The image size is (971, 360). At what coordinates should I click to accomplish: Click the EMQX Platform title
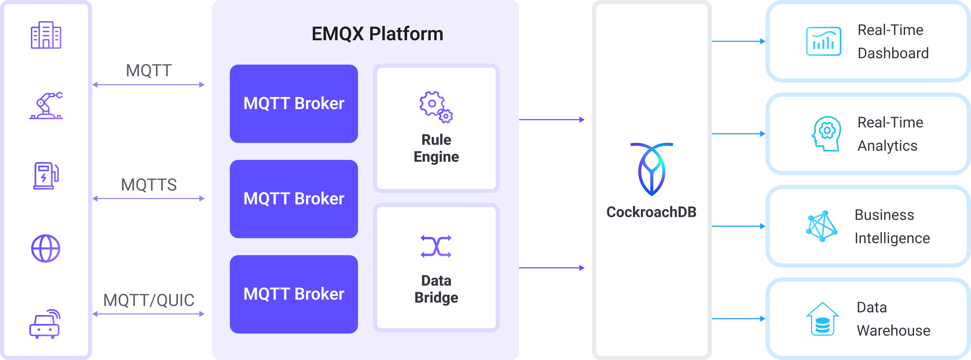[377, 34]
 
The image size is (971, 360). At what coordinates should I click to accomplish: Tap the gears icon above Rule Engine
[436, 107]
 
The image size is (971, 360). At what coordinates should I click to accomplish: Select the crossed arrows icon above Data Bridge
[436, 246]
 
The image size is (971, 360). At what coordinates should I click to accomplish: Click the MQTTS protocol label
[149, 185]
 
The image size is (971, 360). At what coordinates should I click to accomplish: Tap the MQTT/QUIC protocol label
[149, 300]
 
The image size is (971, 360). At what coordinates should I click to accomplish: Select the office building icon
[46, 35]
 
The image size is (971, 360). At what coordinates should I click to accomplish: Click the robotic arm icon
[46, 106]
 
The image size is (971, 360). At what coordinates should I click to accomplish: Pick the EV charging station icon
[46, 176]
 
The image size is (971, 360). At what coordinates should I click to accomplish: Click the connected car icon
[45, 324]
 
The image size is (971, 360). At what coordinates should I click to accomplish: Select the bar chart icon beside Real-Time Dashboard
[824, 42]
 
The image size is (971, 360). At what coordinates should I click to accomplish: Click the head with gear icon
[826, 134]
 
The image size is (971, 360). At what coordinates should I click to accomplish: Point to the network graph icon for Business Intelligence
[822, 226]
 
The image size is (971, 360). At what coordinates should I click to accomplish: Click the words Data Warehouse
[893, 319]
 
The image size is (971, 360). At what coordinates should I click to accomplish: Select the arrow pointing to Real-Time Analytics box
[738, 134]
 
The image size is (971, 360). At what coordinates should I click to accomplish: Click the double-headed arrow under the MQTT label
[149, 85]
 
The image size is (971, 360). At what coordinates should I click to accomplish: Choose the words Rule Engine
[436, 148]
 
